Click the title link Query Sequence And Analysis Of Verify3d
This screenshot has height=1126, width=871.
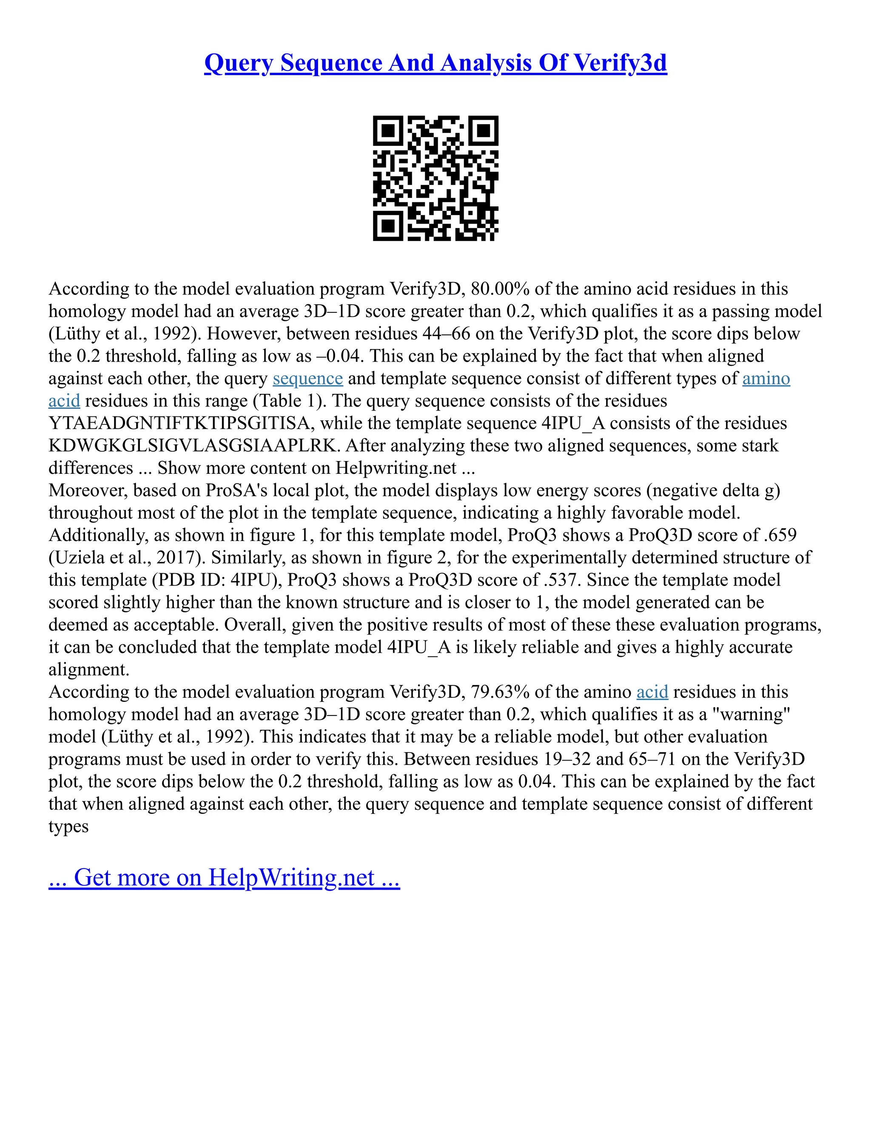tap(435, 63)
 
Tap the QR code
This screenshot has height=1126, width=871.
tap(435, 178)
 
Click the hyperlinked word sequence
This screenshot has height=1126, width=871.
tap(307, 379)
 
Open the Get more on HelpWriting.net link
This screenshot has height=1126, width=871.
tap(224, 877)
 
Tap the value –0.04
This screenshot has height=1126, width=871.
tap(338, 356)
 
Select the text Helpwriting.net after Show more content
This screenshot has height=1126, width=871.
tap(396, 468)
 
